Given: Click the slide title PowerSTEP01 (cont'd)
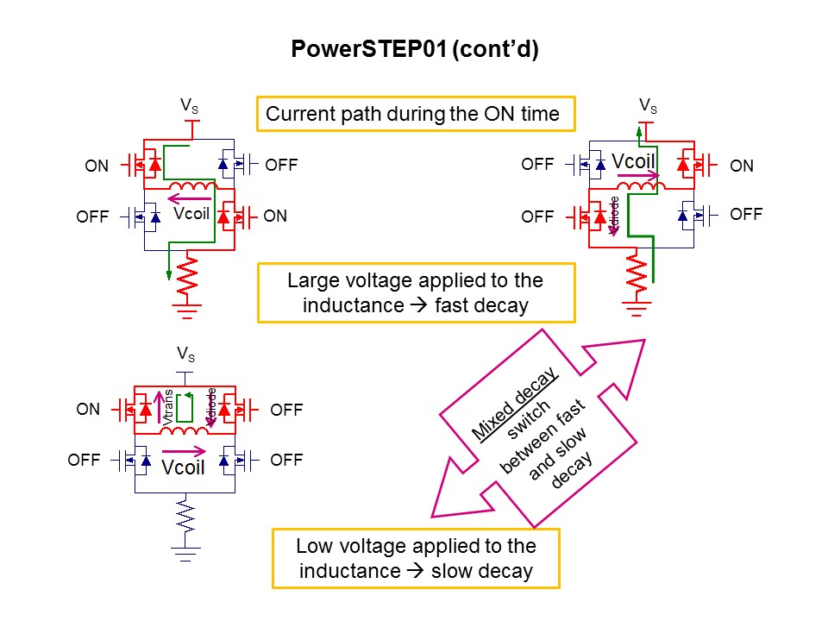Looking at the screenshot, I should point(414,50).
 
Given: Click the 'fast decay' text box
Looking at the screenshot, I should point(416,293).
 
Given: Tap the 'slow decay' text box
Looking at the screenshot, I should point(416,558).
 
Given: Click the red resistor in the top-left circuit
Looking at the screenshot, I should point(187,275).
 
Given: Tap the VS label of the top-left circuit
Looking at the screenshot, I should point(188,105).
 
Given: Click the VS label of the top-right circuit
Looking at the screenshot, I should point(648,105).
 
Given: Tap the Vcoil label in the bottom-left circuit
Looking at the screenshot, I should point(184,467).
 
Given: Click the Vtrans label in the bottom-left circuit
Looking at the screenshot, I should point(169,406).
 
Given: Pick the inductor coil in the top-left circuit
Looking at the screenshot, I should point(191,189).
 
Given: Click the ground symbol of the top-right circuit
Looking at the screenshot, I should point(638,307).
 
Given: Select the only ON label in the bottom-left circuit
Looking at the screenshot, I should point(88,410).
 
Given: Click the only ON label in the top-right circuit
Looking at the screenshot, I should point(742,166).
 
